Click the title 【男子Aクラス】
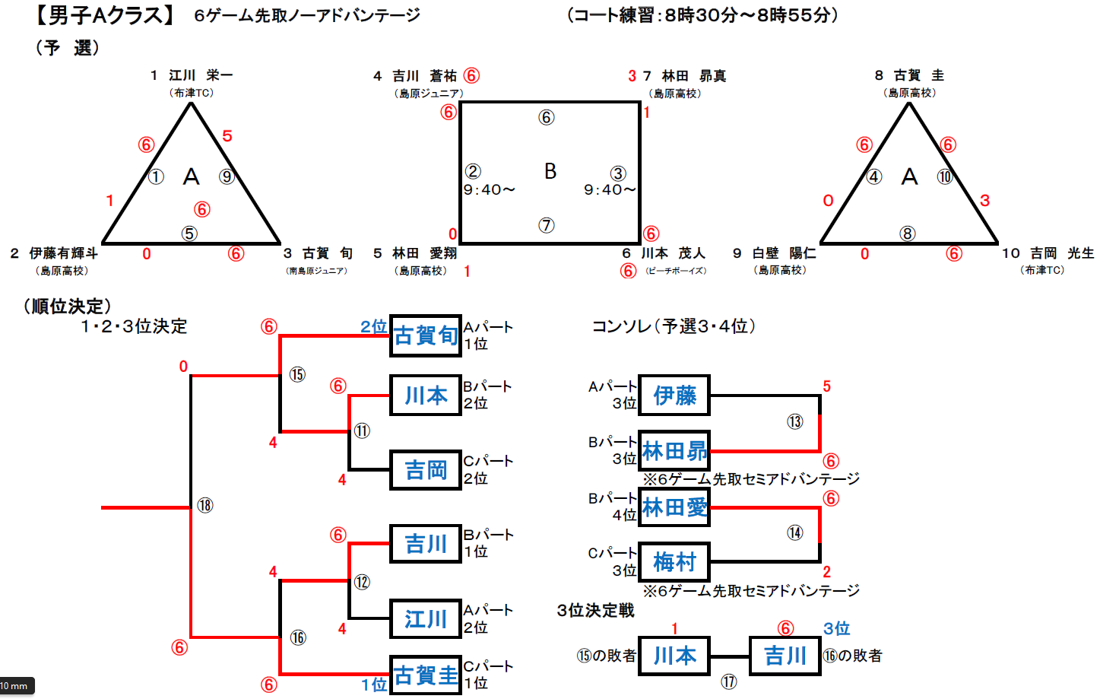(x=106, y=14)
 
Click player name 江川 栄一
(x=201, y=75)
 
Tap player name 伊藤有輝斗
(x=63, y=253)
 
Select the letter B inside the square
(x=550, y=172)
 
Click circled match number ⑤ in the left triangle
(x=189, y=234)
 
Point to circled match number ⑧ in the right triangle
(x=907, y=234)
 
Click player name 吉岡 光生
(x=1062, y=253)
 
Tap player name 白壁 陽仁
(x=784, y=253)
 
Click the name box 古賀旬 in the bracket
(x=426, y=335)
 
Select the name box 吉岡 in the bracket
(x=426, y=470)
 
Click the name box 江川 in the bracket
(x=426, y=619)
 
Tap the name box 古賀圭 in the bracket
(x=426, y=675)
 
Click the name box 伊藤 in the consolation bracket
(x=674, y=396)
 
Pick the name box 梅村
(x=674, y=562)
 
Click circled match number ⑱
(x=205, y=505)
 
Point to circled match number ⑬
(x=794, y=421)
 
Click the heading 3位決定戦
(x=595, y=611)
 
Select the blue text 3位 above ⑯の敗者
(x=836, y=629)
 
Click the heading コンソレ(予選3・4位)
(x=674, y=326)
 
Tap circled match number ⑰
(x=729, y=682)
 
